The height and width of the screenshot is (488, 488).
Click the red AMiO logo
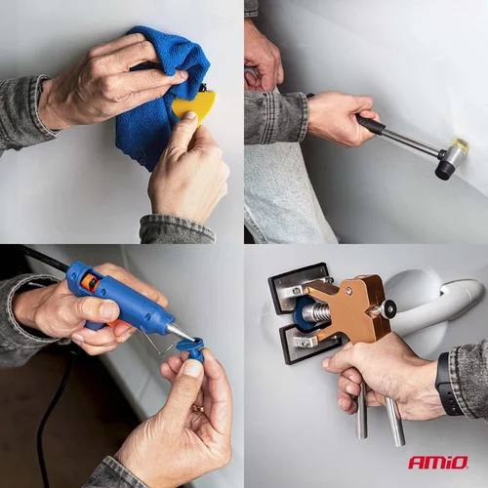(x=438, y=463)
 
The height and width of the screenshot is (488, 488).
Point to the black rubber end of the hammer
(x=444, y=170)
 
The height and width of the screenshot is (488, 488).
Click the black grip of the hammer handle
(x=369, y=123)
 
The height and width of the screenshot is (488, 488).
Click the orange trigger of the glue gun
(x=118, y=323)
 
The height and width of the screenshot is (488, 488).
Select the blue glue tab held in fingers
(x=192, y=349)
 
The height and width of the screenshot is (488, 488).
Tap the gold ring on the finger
(x=198, y=409)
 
